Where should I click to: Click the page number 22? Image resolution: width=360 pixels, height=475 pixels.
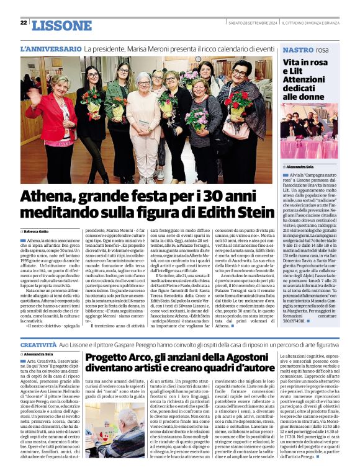pos(24,22)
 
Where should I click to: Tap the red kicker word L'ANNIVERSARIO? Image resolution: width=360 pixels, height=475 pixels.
pos(50,49)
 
